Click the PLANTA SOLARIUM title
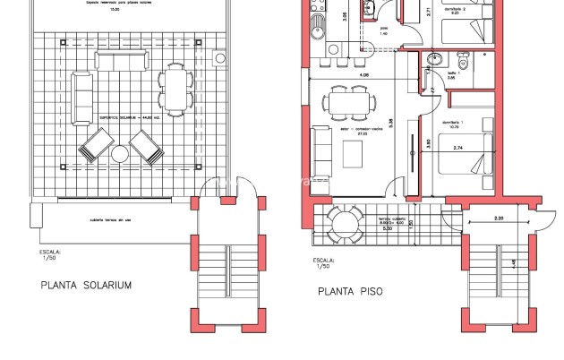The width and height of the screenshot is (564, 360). click(x=87, y=286)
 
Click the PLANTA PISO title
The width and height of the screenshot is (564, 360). click(x=355, y=291)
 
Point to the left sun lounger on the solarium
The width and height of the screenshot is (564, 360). click(x=95, y=145)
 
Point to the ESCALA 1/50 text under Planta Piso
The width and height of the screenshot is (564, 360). click(x=323, y=262)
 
